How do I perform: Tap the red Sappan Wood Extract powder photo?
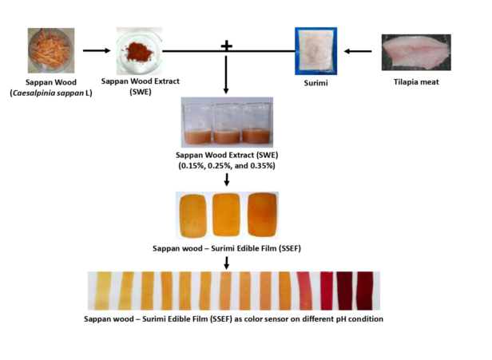tap(138, 49)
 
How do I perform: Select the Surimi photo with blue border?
tap(315, 50)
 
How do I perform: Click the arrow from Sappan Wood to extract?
tap(97, 50)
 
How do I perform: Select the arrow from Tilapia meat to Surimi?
tap(358, 51)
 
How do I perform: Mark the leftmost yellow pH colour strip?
tap(104, 291)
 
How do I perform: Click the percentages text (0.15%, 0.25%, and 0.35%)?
tap(227, 165)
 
